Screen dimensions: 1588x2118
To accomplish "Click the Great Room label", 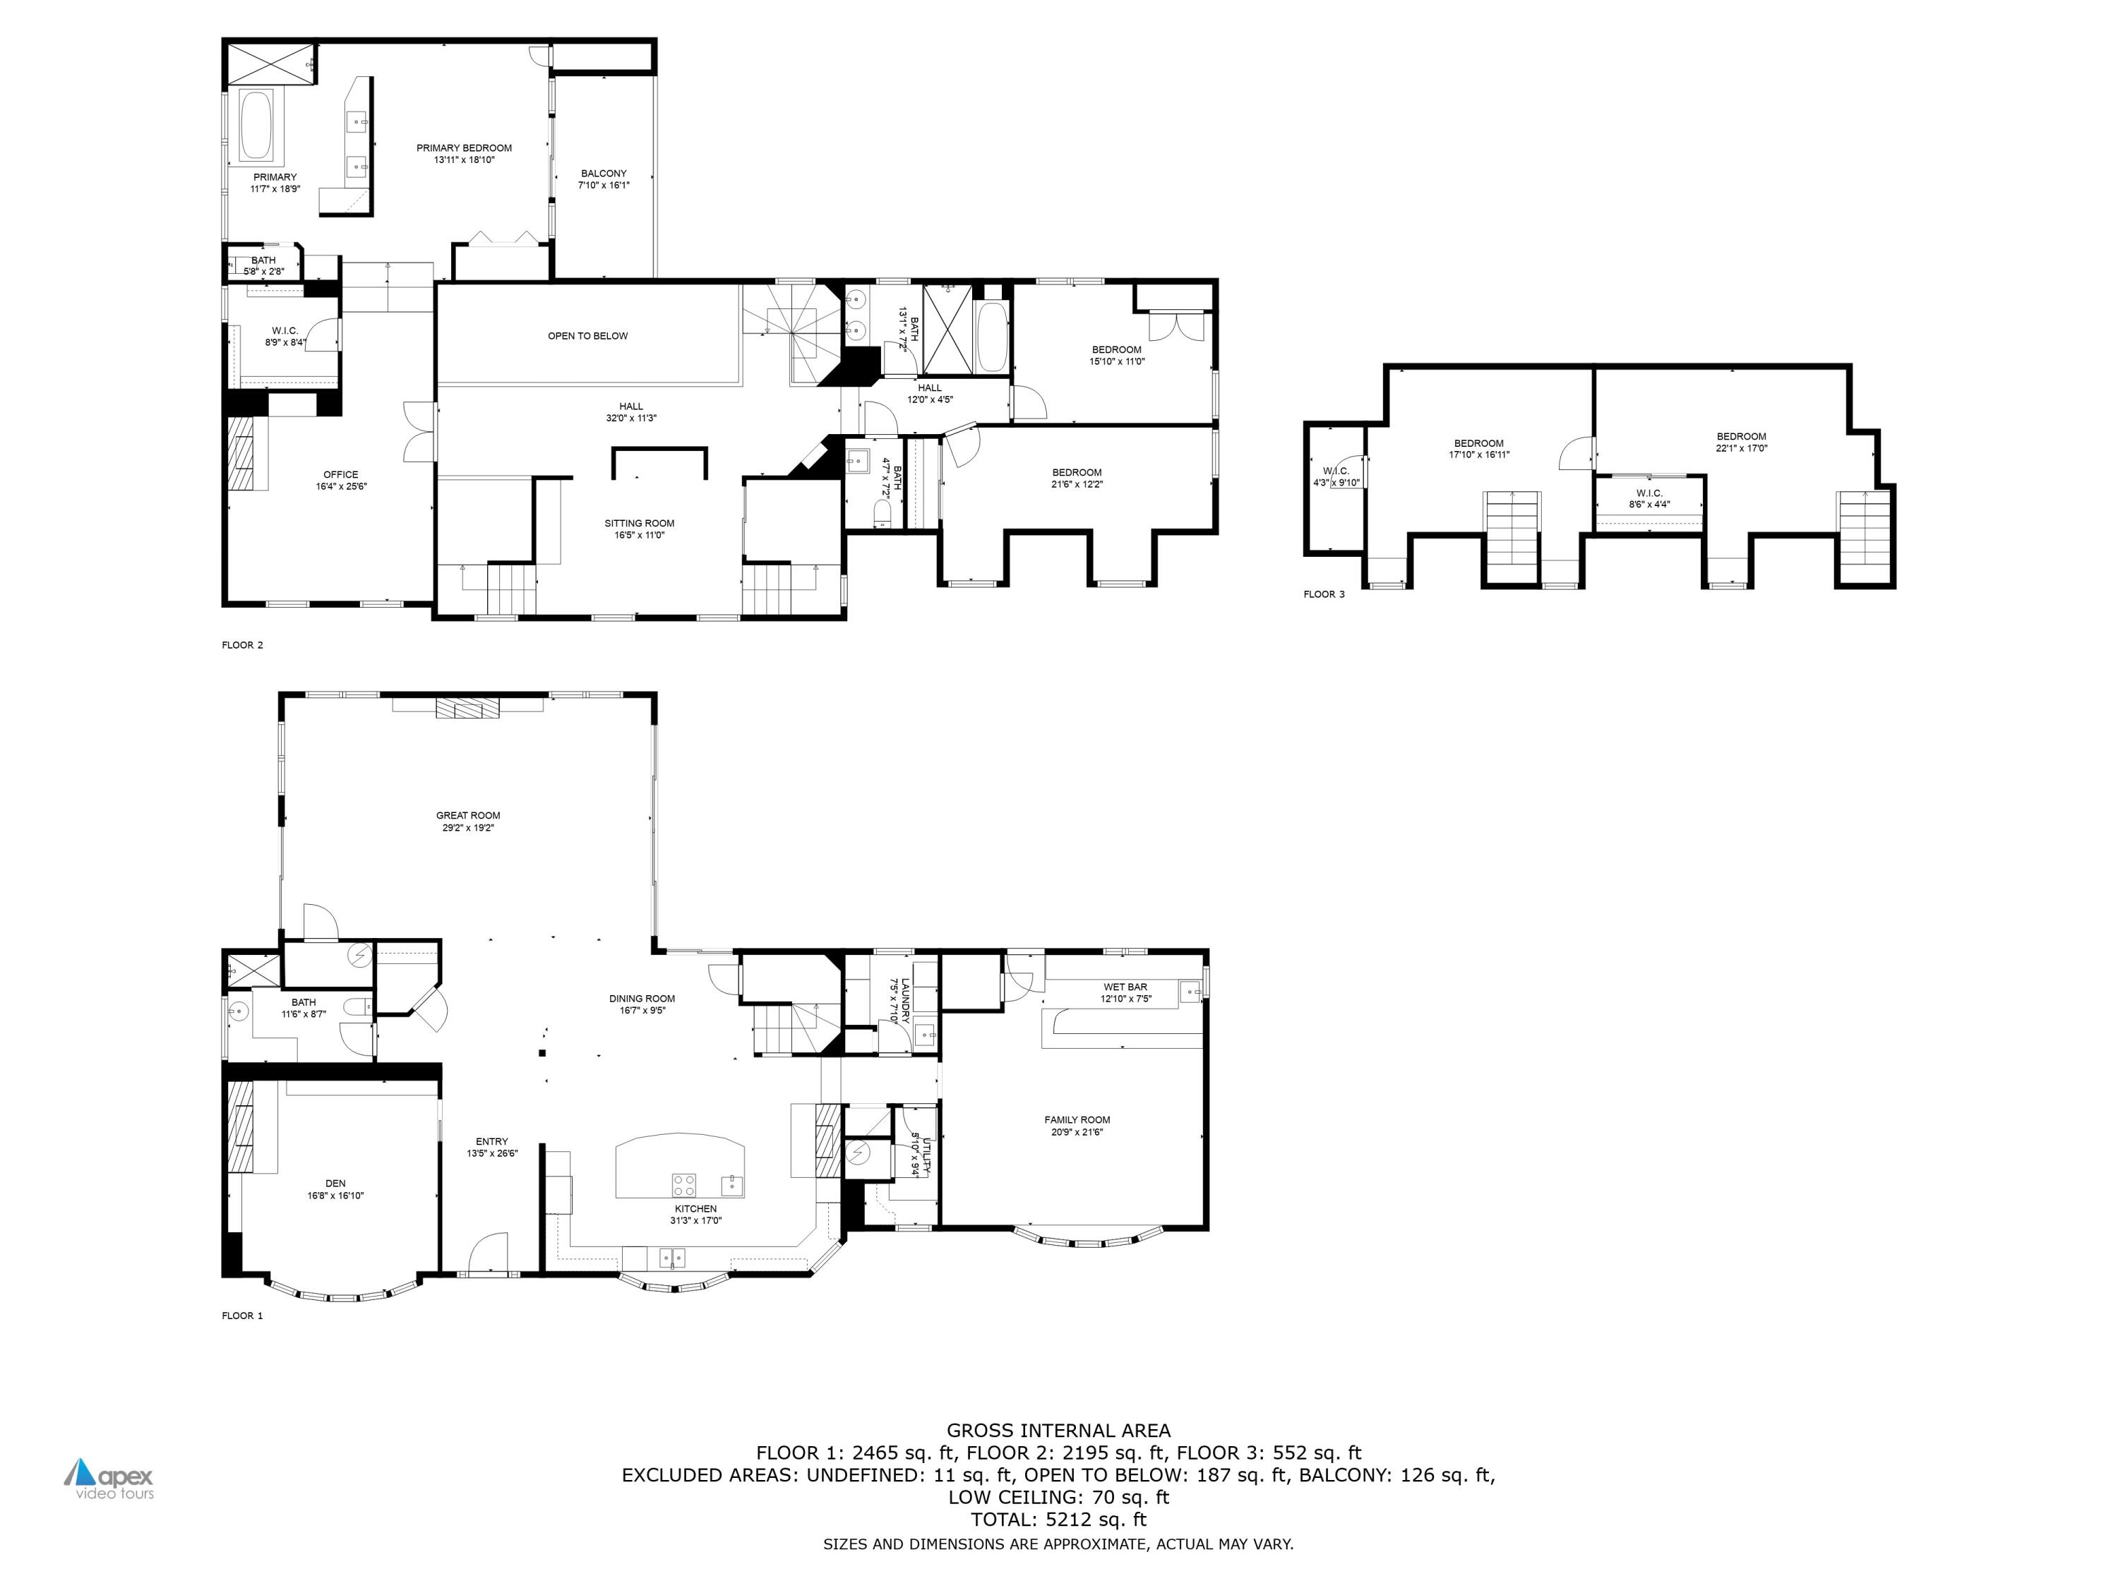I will pos(468,816).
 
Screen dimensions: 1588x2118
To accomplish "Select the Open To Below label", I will pos(588,336).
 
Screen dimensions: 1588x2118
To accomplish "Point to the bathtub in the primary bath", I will pos(256,126).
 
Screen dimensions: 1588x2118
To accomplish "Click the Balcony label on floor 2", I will pos(603,173).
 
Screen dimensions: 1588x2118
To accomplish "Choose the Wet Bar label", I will pos(1125,987).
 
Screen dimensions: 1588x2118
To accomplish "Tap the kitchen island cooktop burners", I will pos(683,1185).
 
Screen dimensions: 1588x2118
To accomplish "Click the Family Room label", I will pos(1077,1120).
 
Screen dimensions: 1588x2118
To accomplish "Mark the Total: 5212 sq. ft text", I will pos(1058,1519).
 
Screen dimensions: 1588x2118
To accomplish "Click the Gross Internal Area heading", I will pos(1058,1431).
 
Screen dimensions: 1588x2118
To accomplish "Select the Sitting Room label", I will pos(639,523).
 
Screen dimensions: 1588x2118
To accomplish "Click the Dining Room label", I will pos(642,999).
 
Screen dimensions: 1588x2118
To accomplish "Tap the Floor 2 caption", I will pos(242,645).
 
